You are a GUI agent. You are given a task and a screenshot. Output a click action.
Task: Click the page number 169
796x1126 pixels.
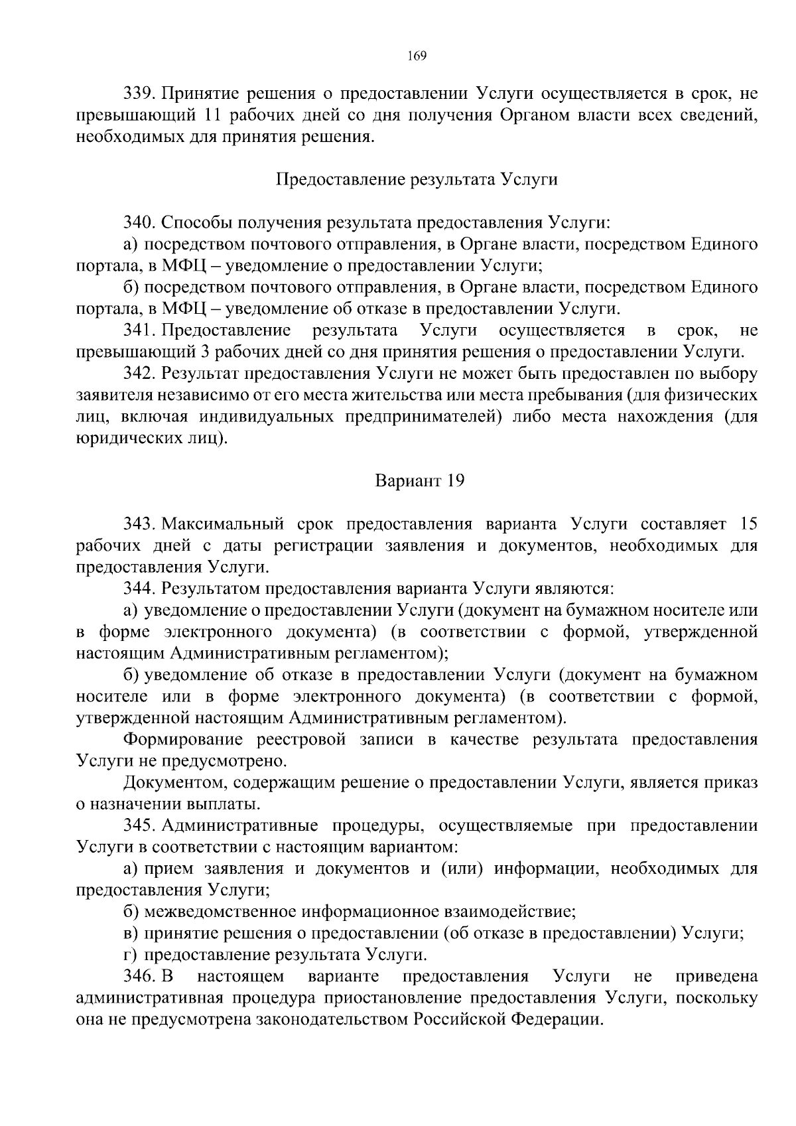click(x=417, y=55)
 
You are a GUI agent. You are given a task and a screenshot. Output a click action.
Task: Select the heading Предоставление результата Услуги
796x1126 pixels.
click(x=417, y=180)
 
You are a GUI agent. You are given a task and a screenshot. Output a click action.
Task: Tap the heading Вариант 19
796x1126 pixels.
click(x=420, y=480)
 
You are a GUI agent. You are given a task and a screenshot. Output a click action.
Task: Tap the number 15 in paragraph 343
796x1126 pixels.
click(x=748, y=524)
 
